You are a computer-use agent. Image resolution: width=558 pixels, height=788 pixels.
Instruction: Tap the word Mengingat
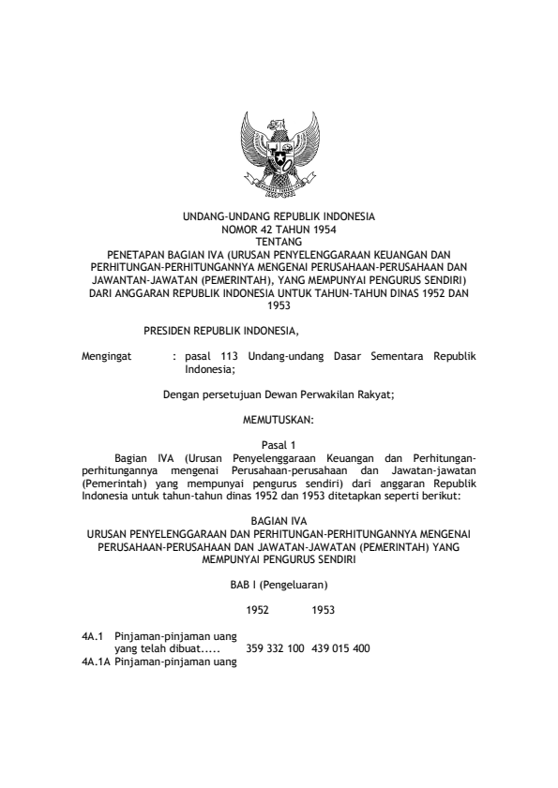point(108,358)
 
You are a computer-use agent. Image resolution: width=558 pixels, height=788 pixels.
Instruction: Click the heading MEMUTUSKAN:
point(278,421)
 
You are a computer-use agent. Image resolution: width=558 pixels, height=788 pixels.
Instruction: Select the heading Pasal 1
point(278,446)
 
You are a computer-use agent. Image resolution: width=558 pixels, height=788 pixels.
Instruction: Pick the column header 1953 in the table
point(324,609)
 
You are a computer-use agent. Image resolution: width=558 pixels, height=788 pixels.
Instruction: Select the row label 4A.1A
point(97,662)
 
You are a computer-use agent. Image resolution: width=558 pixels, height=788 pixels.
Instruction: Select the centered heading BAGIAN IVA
point(278,520)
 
